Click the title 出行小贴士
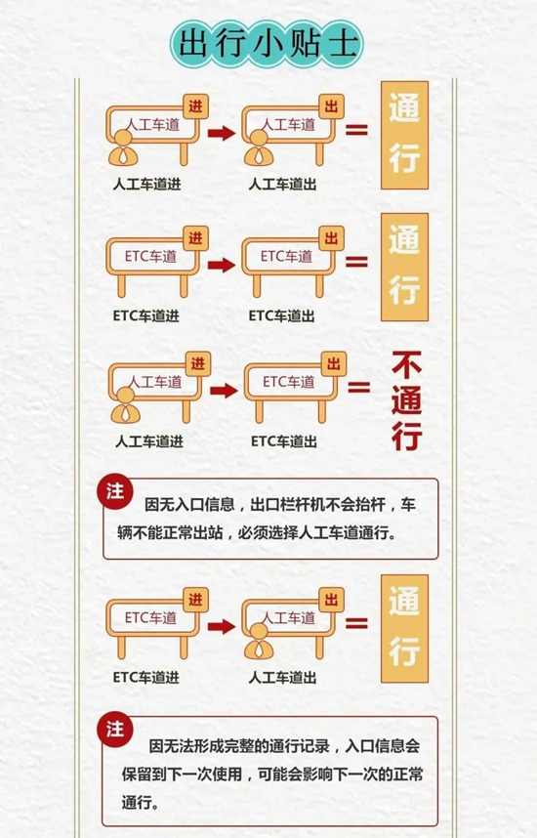click(268, 43)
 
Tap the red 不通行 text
click(406, 400)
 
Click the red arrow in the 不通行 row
click(224, 391)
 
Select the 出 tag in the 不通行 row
click(333, 364)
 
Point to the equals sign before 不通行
click(359, 387)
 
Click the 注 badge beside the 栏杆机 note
click(115, 491)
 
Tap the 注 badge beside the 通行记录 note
click(115, 729)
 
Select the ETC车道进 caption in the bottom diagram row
click(145, 677)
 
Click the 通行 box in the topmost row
click(404, 135)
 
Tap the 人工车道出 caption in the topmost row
click(282, 185)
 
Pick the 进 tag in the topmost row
click(195, 106)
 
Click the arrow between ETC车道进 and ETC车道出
click(222, 265)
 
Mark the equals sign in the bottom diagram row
click(356, 623)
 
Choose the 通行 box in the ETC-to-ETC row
click(404, 268)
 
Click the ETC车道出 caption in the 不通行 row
click(284, 441)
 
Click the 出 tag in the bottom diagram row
click(331, 600)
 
